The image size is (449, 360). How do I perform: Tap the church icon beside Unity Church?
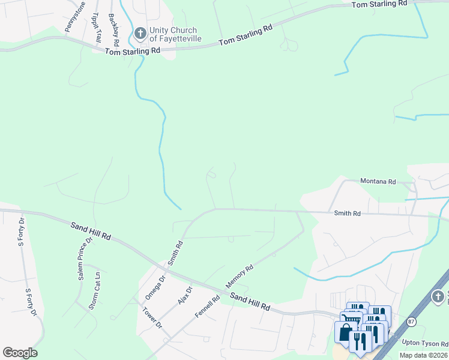pos(140,34)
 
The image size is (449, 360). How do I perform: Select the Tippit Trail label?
pos(96,27)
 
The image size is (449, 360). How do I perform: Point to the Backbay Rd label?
pos(113,31)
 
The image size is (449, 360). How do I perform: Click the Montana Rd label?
pos(378,181)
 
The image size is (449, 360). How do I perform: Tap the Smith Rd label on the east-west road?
pos(347,213)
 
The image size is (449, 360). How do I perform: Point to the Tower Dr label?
pos(152,317)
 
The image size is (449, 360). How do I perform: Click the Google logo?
pos(20,353)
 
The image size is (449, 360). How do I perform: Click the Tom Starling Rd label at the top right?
pos(379,4)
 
